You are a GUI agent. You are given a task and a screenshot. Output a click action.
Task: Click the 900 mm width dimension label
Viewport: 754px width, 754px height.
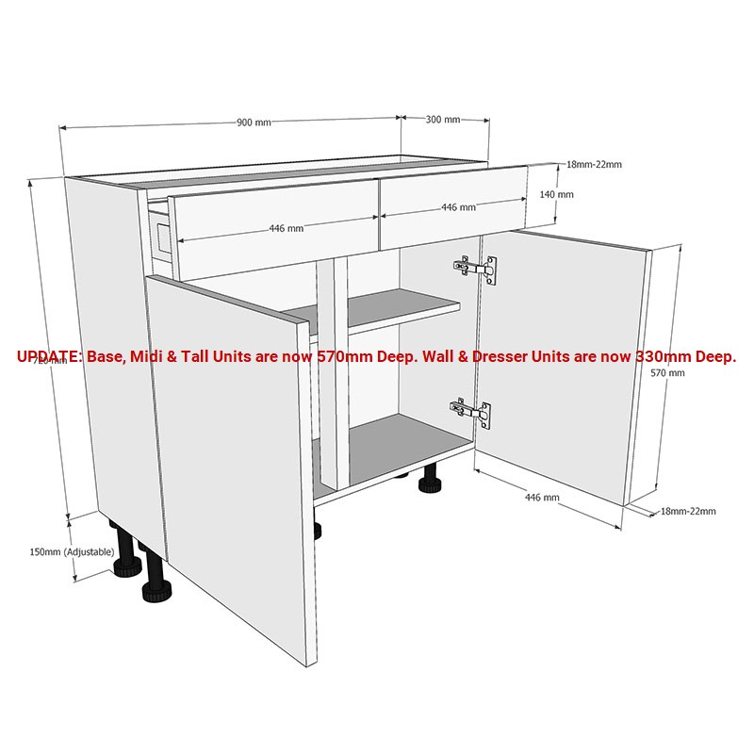[x=254, y=123]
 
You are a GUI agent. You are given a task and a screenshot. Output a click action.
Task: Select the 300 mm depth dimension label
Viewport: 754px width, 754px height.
[x=443, y=120]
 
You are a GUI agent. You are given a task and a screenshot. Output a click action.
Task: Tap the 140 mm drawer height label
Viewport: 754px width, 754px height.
[x=558, y=194]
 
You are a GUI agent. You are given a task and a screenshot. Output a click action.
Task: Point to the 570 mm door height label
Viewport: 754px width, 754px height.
[x=668, y=373]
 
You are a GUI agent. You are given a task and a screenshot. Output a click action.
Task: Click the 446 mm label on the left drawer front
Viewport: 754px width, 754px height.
[x=287, y=228]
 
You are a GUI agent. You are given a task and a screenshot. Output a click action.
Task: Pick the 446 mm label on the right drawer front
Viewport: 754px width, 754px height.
[x=458, y=207]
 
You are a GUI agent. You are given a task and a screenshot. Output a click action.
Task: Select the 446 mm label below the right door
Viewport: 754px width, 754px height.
[x=542, y=497]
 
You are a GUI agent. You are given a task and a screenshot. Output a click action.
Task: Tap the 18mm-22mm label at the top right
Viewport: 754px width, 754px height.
[x=594, y=165]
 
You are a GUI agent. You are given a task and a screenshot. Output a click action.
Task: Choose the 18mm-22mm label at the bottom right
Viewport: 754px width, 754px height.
[x=688, y=512]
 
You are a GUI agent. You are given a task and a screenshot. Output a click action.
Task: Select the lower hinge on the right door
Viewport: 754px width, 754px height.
[x=471, y=411]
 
